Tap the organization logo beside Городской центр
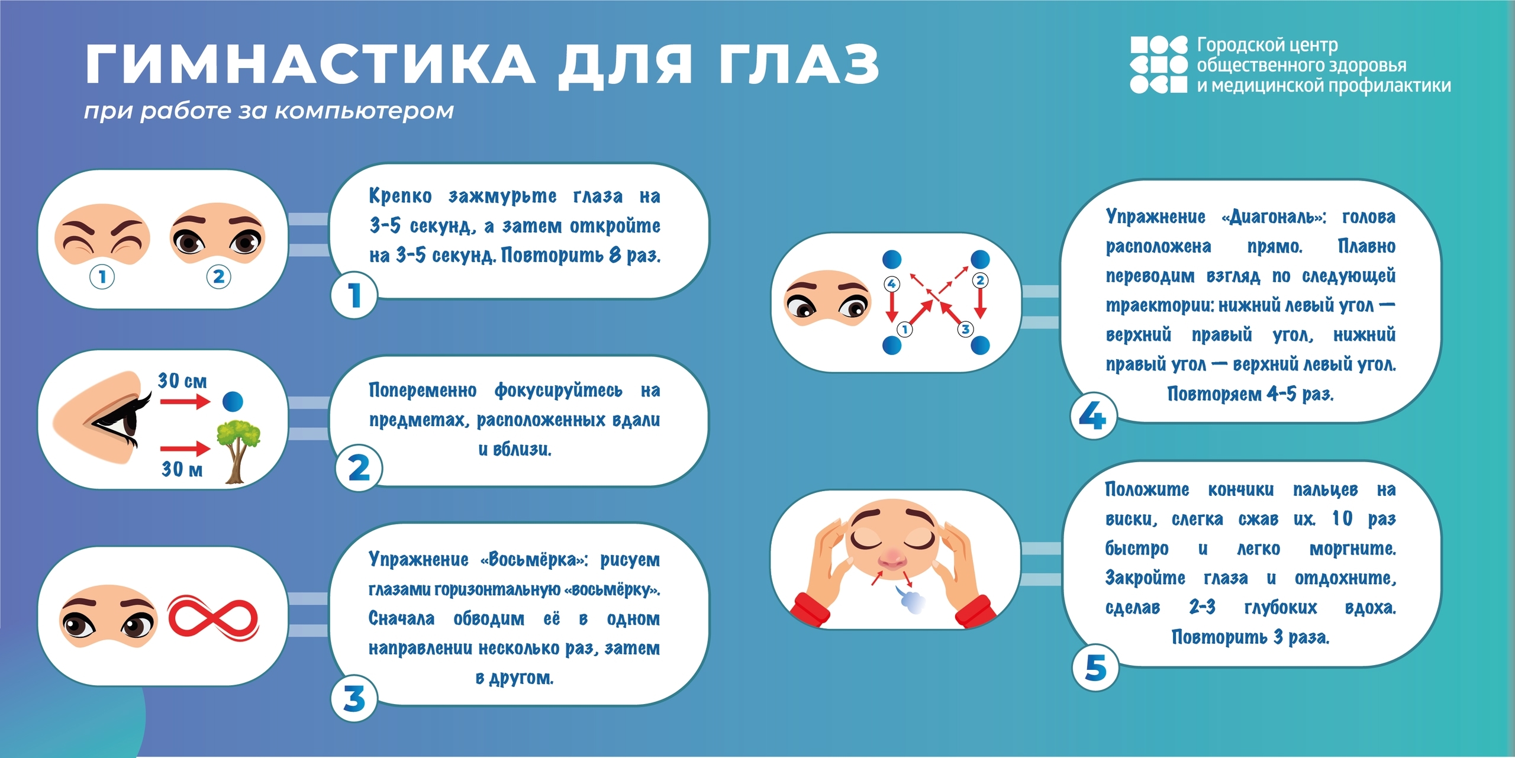[1158, 64]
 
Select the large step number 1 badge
[354, 295]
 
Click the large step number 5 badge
[1095, 667]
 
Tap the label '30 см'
[182, 380]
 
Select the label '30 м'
[182, 469]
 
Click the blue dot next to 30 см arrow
[233, 401]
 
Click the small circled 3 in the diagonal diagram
[965, 329]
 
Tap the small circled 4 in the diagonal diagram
[891, 283]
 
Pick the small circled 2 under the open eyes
[219, 276]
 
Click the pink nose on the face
[892, 558]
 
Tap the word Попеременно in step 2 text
[423, 391]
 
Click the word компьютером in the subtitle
[365, 111]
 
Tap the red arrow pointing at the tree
[185, 449]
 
